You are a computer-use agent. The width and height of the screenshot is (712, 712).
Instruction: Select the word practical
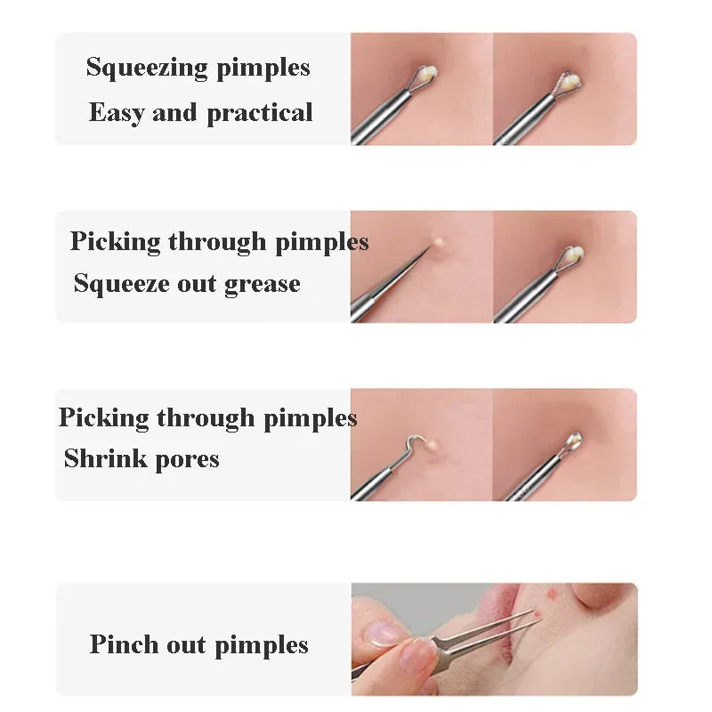tap(260, 114)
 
